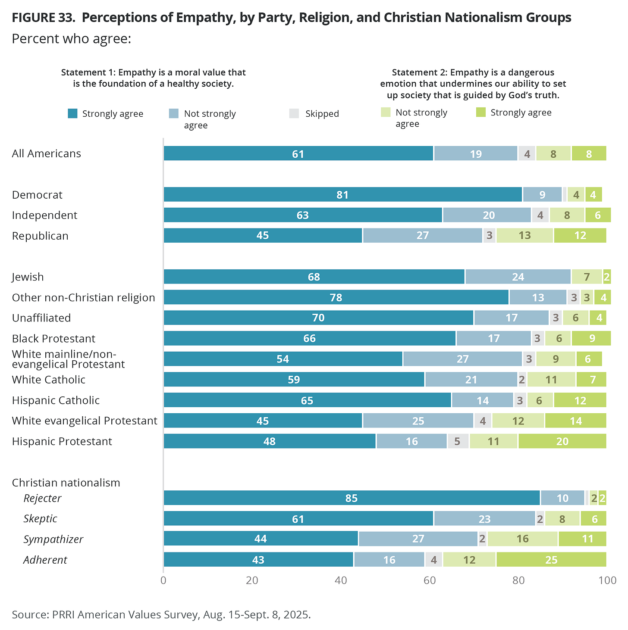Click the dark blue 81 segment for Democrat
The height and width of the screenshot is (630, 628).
pyautogui.click(x=342, y=195)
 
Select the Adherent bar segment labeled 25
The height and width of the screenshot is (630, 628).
pyautogui.click(x=551, y=560)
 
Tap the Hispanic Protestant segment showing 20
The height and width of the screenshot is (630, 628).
pyautogui.click(x=562, y=441)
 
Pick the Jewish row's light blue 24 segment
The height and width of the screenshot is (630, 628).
pyautogui.click(x=518, y=277)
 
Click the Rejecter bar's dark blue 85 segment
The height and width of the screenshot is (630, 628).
pyautogui.click(x=351, y=498)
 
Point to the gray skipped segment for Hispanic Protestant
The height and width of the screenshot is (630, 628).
pyautogui.click(x=458, y=441)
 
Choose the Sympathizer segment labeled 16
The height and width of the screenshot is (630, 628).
pyautogui.click(x=522, y=539)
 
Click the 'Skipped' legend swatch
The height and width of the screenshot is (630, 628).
pyautogui.click(x=294, y=113)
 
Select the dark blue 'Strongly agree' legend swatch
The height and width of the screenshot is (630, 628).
pyautogui.click(x=73, y=113)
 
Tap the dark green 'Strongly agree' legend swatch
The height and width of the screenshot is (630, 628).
pyautogui.click(x=481, y=112)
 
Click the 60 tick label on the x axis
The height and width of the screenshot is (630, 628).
pyautogui.click(x=430, y=580)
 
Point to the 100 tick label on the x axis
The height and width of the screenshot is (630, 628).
pyautogui.click(x=607, y=580)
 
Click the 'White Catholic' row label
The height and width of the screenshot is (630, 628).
pyautogui.click(x=49, y=380)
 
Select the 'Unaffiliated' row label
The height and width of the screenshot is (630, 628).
pyautogui.click(x=41, y=318)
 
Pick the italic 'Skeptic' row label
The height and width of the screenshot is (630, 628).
pyautogui.click(x=41, y=518)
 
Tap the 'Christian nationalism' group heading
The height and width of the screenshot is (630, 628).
pyautogui.click(x=66, y=483)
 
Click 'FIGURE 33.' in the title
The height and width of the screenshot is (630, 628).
pyautogui.click(x=43, y=18)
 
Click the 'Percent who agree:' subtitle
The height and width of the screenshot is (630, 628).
pyautogui.click(x=71, y=39)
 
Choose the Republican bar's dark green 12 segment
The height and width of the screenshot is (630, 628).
pyautogui.click(x=580, y=236)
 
